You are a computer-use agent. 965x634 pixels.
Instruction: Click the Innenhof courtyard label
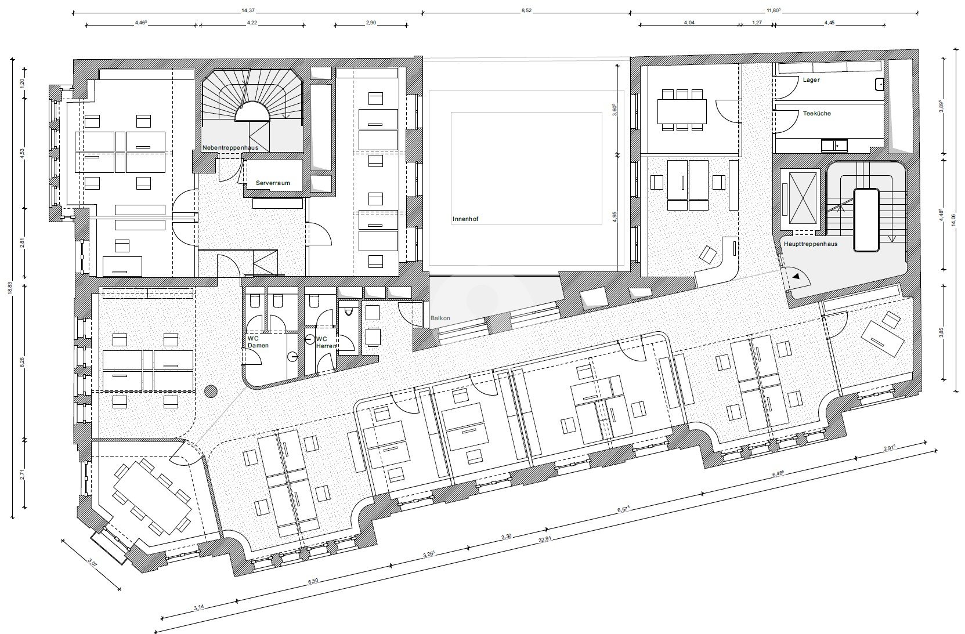pos(465,219)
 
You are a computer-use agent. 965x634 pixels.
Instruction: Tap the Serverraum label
pos(273,183)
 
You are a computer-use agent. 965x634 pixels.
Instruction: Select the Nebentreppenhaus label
pos(230,148)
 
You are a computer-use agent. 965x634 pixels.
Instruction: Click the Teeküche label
pos(817,113)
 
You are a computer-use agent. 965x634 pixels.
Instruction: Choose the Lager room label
pos(811,79)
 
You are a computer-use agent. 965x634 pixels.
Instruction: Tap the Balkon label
pos(440,318)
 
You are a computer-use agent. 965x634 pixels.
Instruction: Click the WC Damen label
pos(258,342)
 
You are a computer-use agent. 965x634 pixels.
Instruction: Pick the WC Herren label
pos(326,342)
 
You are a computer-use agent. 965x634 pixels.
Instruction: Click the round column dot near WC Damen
pos(211,391)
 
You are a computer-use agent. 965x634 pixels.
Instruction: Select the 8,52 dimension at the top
pos(526,10)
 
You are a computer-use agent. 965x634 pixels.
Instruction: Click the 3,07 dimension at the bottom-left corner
pos(92,562)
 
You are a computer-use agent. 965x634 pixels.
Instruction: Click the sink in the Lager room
pos(879,85)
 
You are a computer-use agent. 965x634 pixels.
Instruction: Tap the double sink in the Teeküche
pos(834,146)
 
